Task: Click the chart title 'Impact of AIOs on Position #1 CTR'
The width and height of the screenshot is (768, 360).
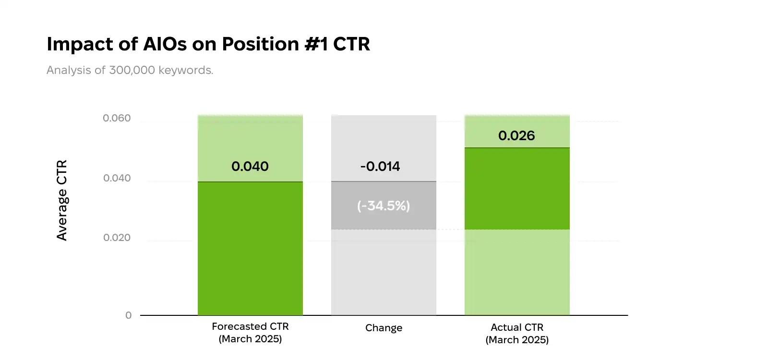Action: (208, 44)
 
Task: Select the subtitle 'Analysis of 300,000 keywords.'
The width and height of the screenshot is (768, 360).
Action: (130, 70)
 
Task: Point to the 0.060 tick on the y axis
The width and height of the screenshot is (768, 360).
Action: (117, 118)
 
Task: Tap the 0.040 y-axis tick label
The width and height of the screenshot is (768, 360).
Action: (117, 178)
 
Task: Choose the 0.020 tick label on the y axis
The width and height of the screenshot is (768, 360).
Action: (117, 238)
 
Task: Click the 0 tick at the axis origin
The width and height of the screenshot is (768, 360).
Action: (128, 315)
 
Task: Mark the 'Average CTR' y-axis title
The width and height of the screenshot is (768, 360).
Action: (62, 200)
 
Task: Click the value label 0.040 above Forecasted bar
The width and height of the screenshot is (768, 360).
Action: (250, 167)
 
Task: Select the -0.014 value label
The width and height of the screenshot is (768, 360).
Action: (380, 167)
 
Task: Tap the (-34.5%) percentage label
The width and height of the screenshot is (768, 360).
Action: (384, 206)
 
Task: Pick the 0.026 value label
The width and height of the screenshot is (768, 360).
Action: (516, 136)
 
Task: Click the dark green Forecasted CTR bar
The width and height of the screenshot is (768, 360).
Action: (250, 248)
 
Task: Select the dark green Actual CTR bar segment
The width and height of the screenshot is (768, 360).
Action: (517, 188)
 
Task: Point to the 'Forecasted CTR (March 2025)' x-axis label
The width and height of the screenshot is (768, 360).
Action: (250, 333)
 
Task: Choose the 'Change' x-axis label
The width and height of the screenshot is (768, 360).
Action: (384, 328)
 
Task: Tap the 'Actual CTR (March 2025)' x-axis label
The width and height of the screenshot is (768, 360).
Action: (517, 334)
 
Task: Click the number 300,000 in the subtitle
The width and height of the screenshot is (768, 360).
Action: (132, 70)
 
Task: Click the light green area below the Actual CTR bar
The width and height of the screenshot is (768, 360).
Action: (517, 272)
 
